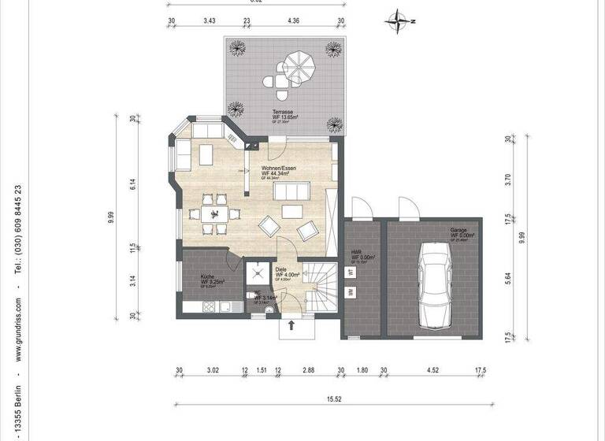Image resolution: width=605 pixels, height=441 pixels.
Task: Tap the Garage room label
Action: coord(458,231)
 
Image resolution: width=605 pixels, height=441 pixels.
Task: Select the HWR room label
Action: coord(356,253)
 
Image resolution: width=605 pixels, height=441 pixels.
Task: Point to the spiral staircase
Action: coord(320,283)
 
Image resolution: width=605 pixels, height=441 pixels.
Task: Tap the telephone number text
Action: coord(17,229)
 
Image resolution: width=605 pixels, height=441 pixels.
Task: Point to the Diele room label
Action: coord(281,269)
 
